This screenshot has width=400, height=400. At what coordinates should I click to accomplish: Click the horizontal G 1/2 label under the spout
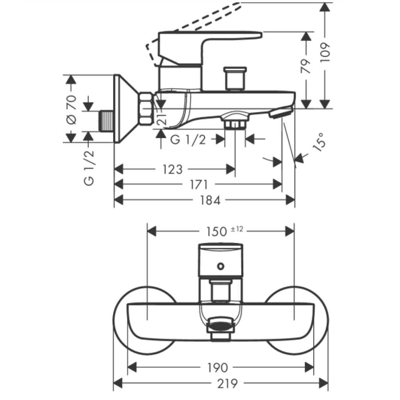(x=188, y=139)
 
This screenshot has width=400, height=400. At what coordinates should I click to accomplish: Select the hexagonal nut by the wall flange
(x=145, y=109)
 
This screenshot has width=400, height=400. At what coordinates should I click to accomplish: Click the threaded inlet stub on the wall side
(x=106, y=121)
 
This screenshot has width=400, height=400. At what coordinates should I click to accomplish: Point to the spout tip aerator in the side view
(x=279, y=113)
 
